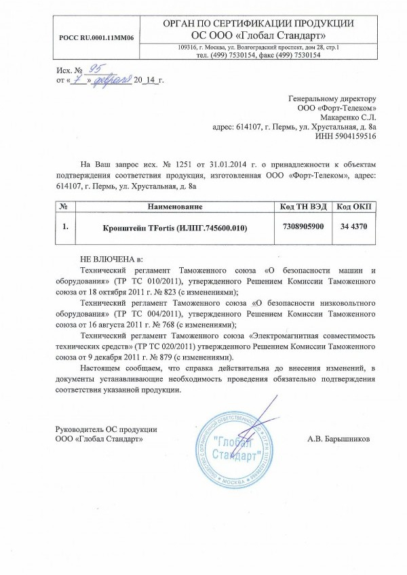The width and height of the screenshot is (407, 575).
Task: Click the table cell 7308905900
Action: coord(302,226)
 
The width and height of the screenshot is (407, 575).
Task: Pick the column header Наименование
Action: coord(175,205)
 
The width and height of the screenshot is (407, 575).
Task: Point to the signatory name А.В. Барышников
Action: coord(338,439)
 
